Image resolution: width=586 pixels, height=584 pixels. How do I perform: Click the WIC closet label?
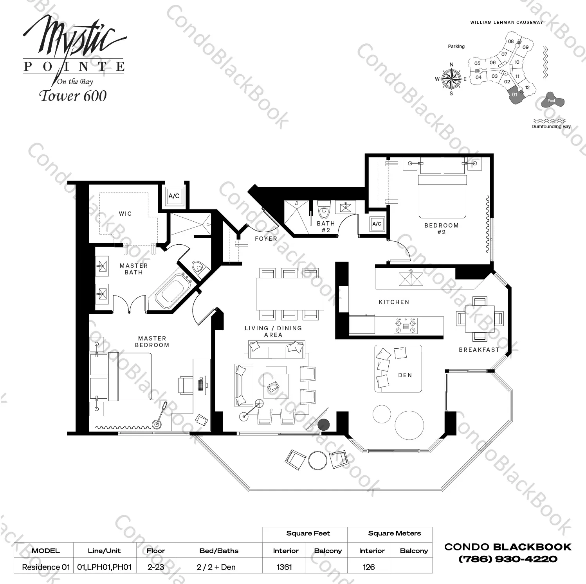pyautogui.click(x=125, y=214)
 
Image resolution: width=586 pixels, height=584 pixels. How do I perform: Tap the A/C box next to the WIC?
pyautogui.click(x=174, y=196)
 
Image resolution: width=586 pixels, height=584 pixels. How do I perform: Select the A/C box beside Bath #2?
pyautogui.click(x=377, y=224)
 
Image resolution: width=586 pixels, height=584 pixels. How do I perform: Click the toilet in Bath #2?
pyautogui.click(x=324, y=211)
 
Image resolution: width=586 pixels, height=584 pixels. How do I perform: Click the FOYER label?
pyautogui.click(x=266, y=238)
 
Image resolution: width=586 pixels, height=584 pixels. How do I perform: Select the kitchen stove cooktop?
pyautogui.click(x=406, y=326)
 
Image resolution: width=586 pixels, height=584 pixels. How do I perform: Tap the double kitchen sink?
pyautogui.click(x=411, y=279)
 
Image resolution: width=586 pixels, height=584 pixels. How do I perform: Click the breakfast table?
pyautogui.click(x=480, y=318)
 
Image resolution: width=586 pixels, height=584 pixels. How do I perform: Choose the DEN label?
pyautogui.click(x=405, y=375)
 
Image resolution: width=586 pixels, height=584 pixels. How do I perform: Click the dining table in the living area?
pyautogui.click(x=290, y=294)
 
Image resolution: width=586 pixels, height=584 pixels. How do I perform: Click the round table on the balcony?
pyautogui.click(x=317, y=460)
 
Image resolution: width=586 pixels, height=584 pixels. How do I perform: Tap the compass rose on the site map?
pyautogui.click(x=451, y=79)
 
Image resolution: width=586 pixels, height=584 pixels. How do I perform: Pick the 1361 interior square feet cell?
pyautogui.click(x=284, y=567)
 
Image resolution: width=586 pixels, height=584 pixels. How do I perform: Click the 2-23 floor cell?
pyautogui.click(x=156, y=567)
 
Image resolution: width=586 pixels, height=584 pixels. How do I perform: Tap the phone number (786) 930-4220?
pyautogui.click(x=508, y=559)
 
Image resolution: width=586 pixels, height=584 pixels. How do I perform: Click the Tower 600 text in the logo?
pyautogui.click(x=73, y=96)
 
